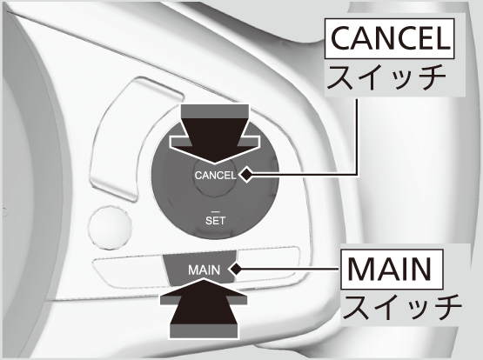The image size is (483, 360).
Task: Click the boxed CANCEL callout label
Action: pyautogui.click(x=390, y=38)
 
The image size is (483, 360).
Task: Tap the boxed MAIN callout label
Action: pyautogui.click(x=392, y=269)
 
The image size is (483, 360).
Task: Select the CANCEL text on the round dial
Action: pyautogui.click(x=215, y=176)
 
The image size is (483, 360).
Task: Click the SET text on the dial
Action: pyautogui.click(x=215, y=221)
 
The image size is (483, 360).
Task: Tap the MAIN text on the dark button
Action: pyautogui.click(x=204, y=270)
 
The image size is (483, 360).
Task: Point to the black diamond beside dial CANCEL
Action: pyautogui.click(x=246, y=175)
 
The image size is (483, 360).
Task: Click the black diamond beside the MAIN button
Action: pyautogui.click(x=236, y=270)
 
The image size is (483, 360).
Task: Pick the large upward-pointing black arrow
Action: pyautogui.click(x=204, y=309)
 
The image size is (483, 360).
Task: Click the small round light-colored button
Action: pyautogui.click(x=110, y=227)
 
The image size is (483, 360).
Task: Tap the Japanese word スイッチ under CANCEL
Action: pyautogui.click(x=387, y=77)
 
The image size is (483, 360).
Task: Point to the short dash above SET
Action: pyautogui.click(x=215, y=212)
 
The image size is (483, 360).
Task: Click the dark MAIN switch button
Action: pyautogui.click(x=199, y=267)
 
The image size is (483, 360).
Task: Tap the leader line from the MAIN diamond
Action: pyautogui.click(x=291, y=269)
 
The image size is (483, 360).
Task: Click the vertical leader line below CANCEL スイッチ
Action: pyautogui.click(x=358, y=137)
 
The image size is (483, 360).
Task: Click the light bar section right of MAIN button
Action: pyautogui.click(x=267, y=264)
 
